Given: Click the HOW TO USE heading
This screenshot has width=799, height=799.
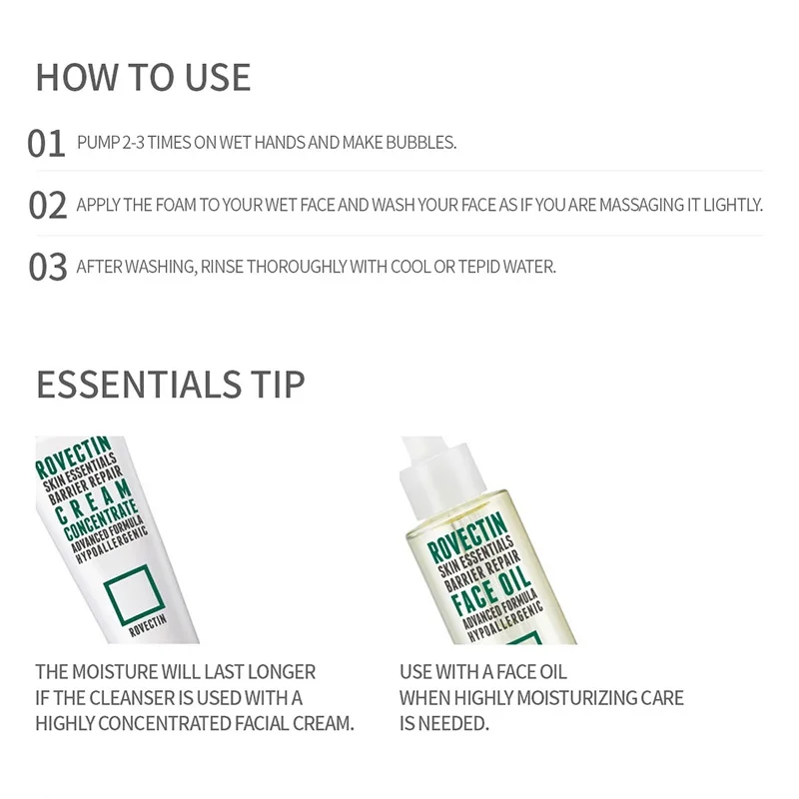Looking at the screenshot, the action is pos(143,78).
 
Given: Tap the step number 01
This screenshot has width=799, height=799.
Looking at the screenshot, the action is pos(46,143).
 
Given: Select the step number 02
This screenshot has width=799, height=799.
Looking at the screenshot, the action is pos(47,206).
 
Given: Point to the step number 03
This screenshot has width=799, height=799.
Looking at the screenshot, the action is pos(47,267).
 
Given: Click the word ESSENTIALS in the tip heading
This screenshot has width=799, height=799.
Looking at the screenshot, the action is pos(139,385).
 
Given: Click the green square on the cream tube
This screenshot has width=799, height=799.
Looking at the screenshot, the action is pos(134,594).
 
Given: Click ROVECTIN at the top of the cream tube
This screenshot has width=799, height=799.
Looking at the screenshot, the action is pos(73,457).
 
